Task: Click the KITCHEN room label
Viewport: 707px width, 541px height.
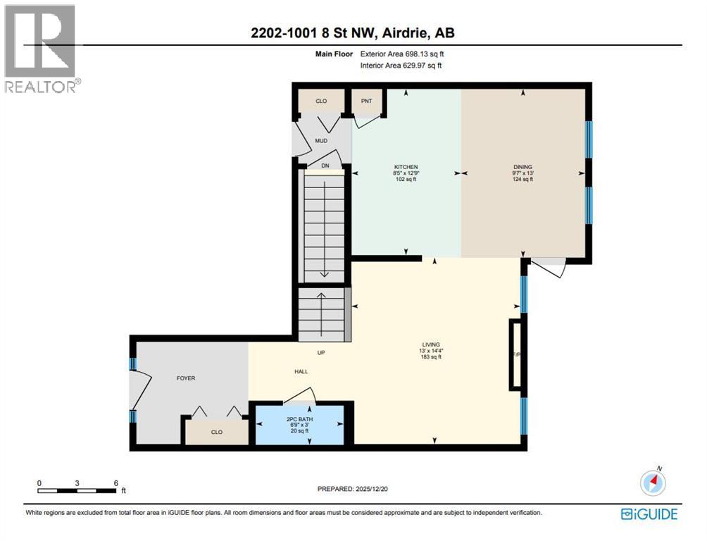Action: click(406, 167)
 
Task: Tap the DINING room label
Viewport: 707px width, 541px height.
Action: click(523, 167)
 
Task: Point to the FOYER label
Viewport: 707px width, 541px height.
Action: click(185, 378)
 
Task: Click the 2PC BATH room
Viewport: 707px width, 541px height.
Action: click(300, 425)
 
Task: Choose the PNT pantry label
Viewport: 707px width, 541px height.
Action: click(366, 101)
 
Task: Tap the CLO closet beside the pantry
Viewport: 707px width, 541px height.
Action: click(321, 101)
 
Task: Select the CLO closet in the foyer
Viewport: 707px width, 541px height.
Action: click(217, 432)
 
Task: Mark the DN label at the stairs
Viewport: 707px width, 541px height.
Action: click(325, 166)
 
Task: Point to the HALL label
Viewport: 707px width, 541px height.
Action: click(301, 371)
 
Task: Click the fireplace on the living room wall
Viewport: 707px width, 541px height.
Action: click(517, 354)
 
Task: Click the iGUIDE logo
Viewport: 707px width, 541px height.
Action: click(649, 514)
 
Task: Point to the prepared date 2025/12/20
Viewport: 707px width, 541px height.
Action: click(353, 489)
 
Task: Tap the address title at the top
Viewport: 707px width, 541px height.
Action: click(353, 33)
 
